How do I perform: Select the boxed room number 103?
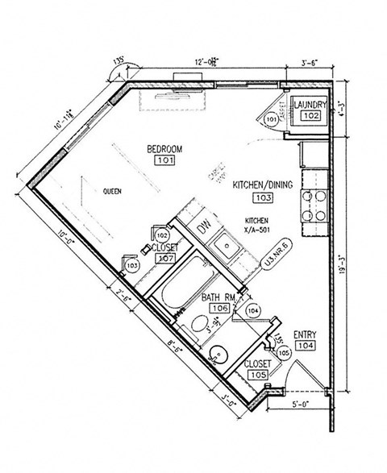(261, 197)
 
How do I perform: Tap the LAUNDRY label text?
(310, 106)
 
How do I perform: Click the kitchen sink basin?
(227, 251)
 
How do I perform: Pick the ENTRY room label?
(304, 334)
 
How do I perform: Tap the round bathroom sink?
(217, 353)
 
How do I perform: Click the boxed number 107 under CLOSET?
(165, 259)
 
